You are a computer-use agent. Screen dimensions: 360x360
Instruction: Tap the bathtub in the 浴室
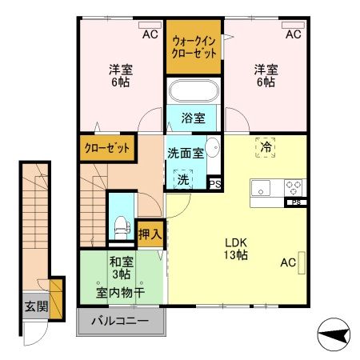(194, 91)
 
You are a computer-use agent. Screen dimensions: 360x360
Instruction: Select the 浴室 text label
(194, 118)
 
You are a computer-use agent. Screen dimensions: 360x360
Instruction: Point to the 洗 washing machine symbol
(184, 178)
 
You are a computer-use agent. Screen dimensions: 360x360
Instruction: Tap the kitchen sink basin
(262, 189)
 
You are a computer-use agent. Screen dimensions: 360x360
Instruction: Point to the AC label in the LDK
(289, 262)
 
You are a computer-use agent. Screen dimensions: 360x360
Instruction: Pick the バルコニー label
(119, 322)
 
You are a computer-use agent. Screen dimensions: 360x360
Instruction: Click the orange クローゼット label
(108, 147)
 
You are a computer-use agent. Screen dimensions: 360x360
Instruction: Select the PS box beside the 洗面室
(214, 182)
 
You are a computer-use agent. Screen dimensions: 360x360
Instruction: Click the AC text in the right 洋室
(294, 34)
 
